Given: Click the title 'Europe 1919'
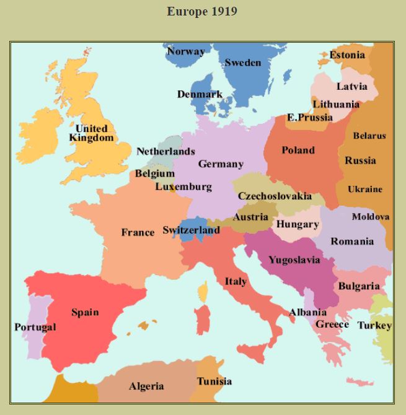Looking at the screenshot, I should click(202, 12).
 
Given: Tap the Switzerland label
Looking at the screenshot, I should click(191, 230).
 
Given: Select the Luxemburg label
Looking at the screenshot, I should click(183, 186).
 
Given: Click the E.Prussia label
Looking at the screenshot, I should click(310, 117).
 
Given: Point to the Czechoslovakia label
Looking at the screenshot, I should click(275, 196).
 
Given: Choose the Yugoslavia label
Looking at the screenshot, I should click(294, 260).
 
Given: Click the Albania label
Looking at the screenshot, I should click(308, 312).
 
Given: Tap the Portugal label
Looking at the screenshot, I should click(35, 327).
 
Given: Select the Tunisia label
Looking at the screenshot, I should click(214, 381).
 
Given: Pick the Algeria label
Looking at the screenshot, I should click(146, 387).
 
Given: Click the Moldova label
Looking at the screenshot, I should click(371, 217).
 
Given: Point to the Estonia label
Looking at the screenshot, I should click(347, 55).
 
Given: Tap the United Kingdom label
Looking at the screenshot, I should click(91, 133).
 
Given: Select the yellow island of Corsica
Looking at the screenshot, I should click(203, 291).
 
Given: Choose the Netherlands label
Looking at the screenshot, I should click(165, 151).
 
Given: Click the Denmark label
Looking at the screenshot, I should click(200, 94).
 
